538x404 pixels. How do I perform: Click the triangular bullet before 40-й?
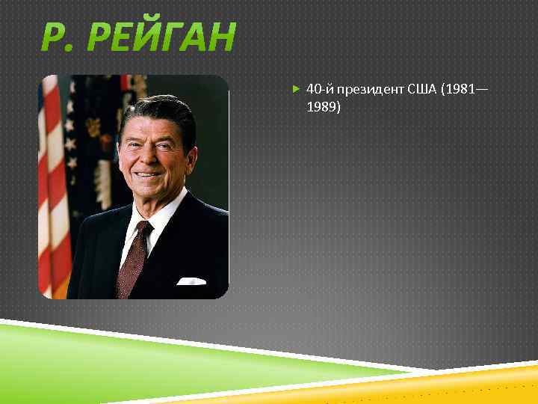click(x=296, y=89)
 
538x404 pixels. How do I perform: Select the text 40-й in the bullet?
click(x=319, y=89)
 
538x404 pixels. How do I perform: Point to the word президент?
click(x=370, y=89)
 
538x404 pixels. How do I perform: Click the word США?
click(x=423, y=89)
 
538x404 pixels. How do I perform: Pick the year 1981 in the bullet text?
click(x=460, y=89)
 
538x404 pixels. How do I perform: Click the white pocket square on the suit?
click(x=191, y=281)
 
